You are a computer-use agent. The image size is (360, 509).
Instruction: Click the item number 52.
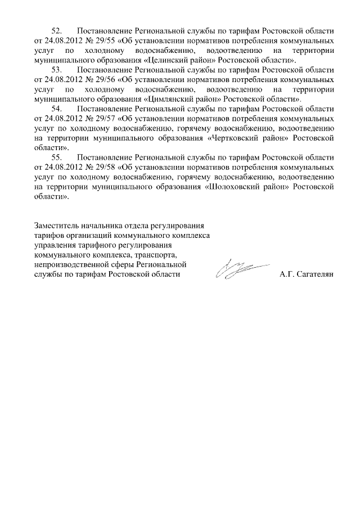56,30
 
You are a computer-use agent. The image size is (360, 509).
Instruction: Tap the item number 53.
56,70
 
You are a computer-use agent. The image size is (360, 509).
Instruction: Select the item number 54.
56,109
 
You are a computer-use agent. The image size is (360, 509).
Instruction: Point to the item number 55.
56,158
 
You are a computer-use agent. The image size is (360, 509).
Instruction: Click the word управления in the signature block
55,245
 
